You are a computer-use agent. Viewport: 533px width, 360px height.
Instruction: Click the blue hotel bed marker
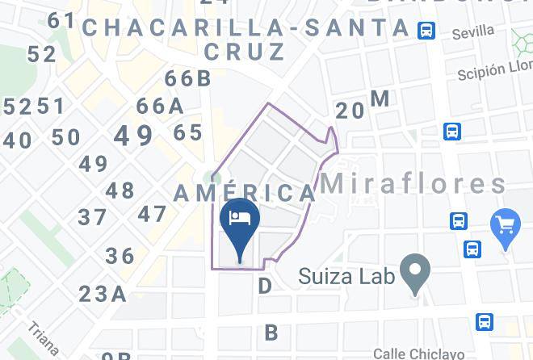[240, 220]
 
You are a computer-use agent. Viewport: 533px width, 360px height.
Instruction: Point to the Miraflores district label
[413, 183]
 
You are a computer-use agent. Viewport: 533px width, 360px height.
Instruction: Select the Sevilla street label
[472, 33]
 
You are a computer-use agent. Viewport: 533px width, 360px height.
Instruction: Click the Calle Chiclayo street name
[418, 353]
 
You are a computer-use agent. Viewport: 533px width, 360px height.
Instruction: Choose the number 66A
[159, 106]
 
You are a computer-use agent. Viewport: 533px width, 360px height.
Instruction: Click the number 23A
[103, 293]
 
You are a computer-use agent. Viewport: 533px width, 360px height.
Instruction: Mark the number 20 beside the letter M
[350, 111]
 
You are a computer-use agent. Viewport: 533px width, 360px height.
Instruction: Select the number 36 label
[120, 256]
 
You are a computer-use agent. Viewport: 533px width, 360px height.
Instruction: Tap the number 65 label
[187, 132]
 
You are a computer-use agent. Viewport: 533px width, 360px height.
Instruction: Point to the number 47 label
[152, 215]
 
